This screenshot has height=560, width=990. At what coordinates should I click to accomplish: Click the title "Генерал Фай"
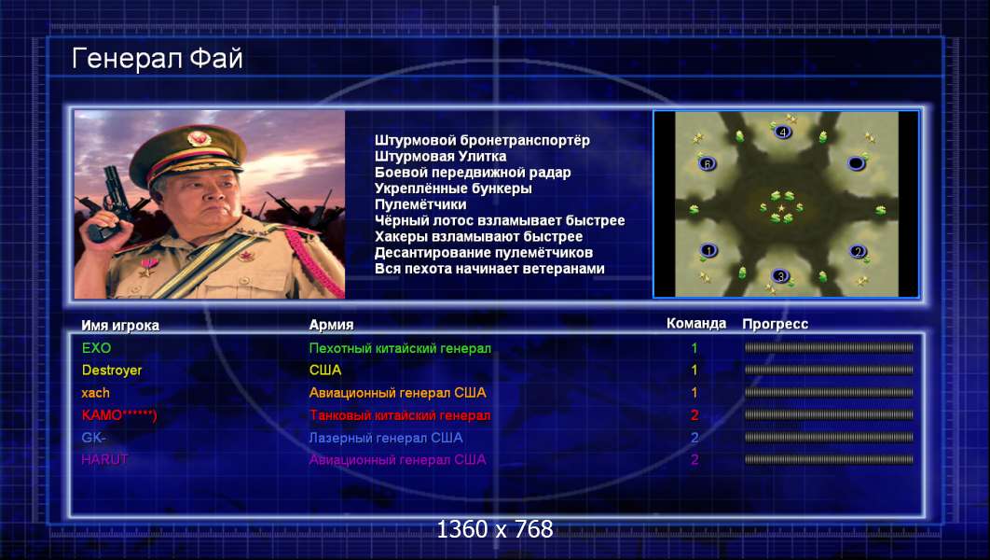(158, 59)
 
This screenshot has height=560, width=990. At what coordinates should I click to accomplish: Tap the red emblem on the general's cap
(196, 136)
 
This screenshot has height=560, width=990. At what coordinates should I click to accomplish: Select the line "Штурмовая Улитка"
(440, 156)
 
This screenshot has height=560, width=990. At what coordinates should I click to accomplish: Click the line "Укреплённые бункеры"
(453, 189)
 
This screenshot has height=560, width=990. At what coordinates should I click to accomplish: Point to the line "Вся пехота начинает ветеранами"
(489, 269)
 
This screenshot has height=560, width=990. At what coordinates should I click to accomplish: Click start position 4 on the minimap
(783, 133)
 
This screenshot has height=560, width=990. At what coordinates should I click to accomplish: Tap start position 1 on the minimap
(708, 251)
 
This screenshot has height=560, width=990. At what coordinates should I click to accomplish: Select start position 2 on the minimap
(857, 252)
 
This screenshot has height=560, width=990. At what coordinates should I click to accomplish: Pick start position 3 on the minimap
(780, 276)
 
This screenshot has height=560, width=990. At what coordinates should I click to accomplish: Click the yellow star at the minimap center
(781, 207)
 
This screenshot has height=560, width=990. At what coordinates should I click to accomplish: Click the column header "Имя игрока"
(120, 326)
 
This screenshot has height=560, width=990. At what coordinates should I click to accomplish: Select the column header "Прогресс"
(775, 324)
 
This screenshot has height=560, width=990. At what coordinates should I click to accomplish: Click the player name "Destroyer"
(112, 371)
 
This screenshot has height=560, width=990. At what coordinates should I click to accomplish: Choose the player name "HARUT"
(104, 460)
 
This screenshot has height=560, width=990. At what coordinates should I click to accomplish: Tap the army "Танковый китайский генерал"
(400, 415)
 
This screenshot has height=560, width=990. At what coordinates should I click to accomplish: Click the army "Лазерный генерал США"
(386, 438)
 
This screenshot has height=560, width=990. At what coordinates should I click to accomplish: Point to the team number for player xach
(694, 393)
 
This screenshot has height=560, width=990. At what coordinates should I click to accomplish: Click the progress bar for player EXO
(829, 347)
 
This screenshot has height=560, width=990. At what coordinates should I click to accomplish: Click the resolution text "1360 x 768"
(495, 529)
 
